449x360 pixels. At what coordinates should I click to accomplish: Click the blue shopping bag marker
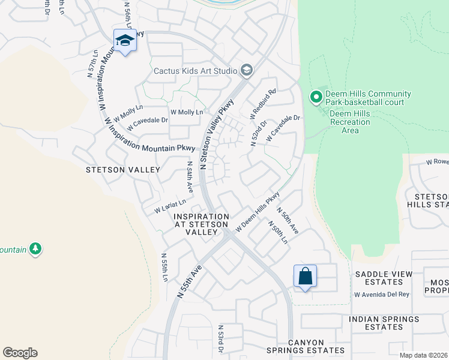(x=305, y=277)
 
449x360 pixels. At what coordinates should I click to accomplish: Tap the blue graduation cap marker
(x=125, y=41)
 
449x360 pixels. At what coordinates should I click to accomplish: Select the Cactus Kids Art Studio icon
(x=246, y=71)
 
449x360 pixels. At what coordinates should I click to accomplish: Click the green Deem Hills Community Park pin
(x=316, y=97)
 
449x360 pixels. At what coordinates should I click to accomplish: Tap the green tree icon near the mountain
(x=35, y=248)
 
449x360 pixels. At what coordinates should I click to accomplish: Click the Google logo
(x=20, y=353)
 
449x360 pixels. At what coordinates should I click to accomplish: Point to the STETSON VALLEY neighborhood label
(x=122, y=170)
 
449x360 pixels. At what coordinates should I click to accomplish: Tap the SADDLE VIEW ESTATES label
(x=384, y=278)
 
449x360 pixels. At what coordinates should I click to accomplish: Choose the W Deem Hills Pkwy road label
(x=258, y=212)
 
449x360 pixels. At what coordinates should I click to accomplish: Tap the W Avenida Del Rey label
(x=381, y=295)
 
